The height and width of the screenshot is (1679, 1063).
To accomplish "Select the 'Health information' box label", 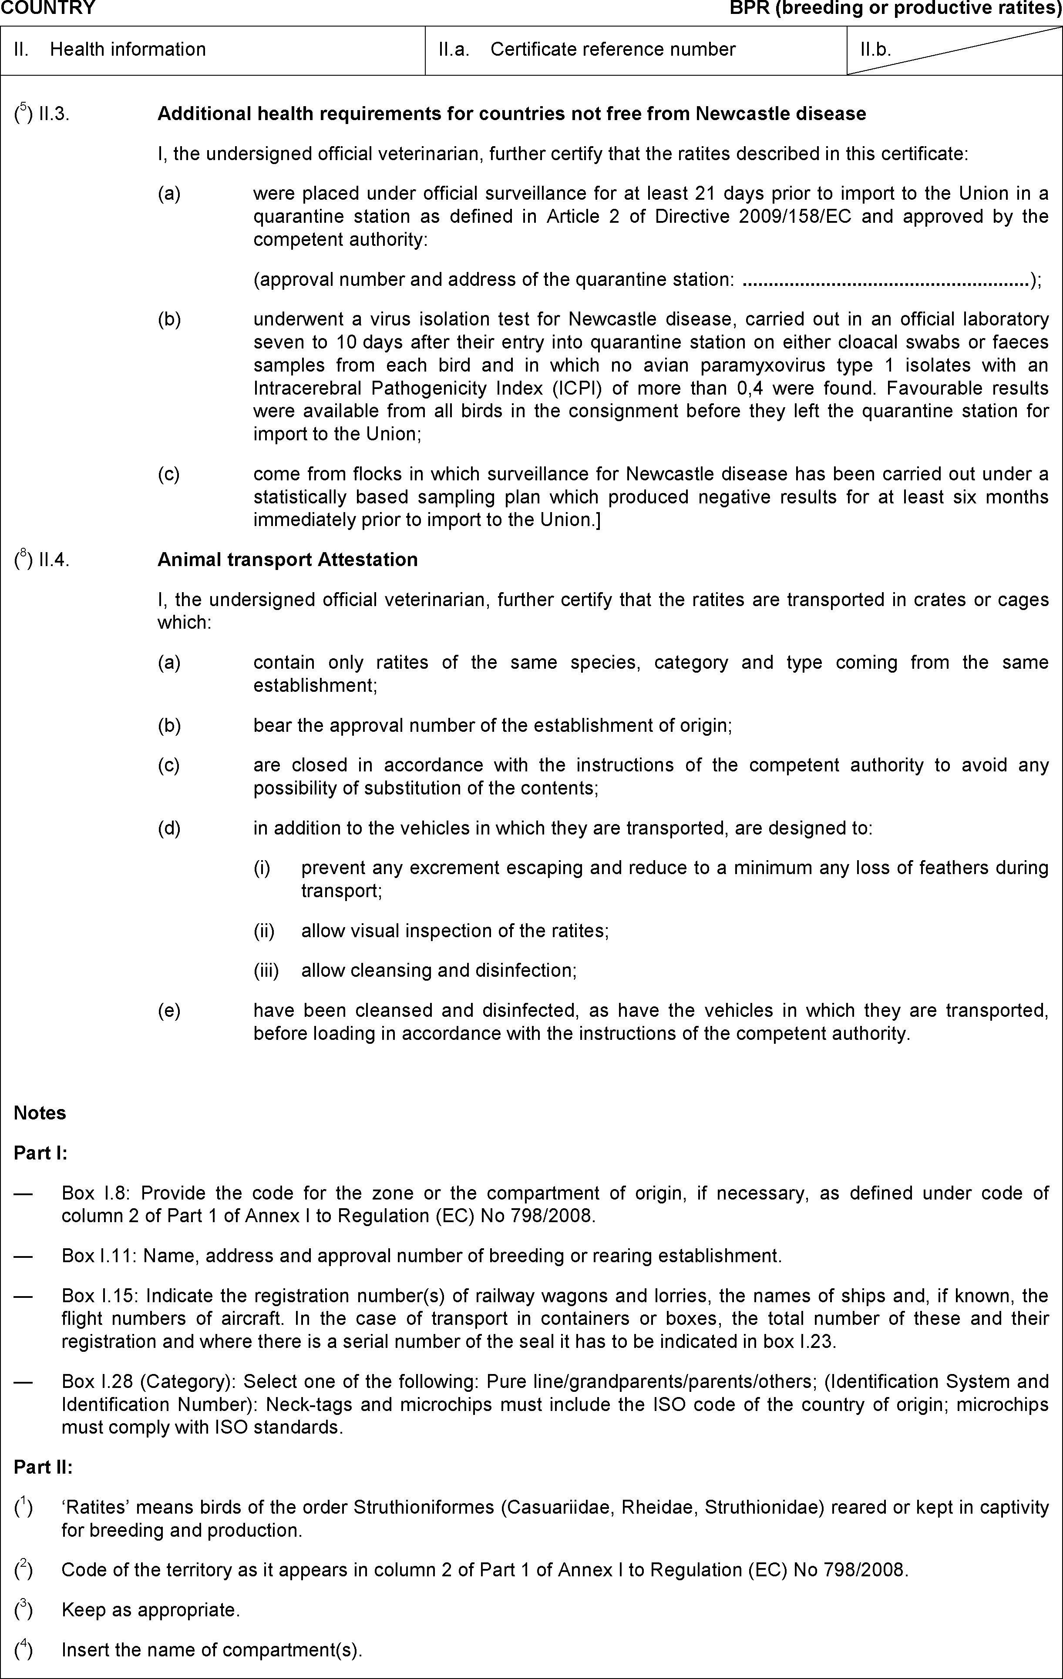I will (x=128, y=50).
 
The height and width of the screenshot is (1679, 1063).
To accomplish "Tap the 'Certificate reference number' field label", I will (x=612, y=50).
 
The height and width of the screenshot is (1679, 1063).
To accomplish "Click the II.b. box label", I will (x=875, y=50).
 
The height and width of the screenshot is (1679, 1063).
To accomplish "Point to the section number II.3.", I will (x=54, y=114).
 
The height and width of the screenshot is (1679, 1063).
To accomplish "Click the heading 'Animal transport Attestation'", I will (x=287, y=560).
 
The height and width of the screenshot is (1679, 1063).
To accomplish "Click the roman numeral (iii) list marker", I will (x=266, y=971).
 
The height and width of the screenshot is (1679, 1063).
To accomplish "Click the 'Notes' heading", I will (x=40, y=1113).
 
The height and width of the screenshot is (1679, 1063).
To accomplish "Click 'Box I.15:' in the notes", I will (x=101, y=1296).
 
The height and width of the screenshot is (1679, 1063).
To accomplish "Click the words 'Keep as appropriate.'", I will (x=151, y=1610).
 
